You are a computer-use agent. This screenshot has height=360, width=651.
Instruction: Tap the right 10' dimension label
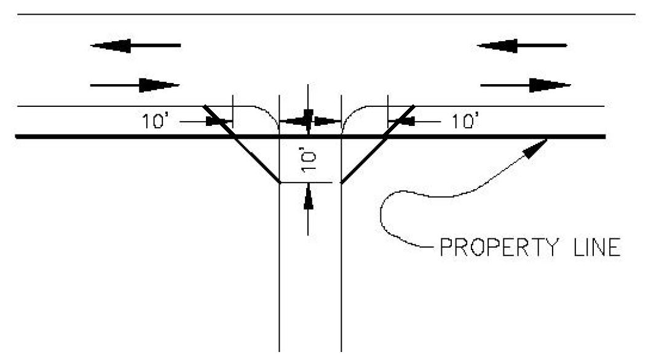pos(465,122)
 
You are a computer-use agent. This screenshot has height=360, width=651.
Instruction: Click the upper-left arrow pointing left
pos(135,45)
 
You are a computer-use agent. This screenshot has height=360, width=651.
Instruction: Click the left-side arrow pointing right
pos(135,85)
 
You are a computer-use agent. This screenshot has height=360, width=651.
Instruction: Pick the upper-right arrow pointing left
pos(522,45)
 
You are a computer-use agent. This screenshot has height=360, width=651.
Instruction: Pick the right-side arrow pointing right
pos(525,85)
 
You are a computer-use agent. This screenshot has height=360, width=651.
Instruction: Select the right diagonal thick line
pos(377,144)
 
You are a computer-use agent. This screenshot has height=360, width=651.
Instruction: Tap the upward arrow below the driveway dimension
pos(309,206)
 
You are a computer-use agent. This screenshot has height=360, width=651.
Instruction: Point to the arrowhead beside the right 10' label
pos(402,122)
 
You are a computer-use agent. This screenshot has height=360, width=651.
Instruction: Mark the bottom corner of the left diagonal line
pos(280,182)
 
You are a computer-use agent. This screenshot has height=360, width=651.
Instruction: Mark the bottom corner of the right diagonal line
pos(341,182)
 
